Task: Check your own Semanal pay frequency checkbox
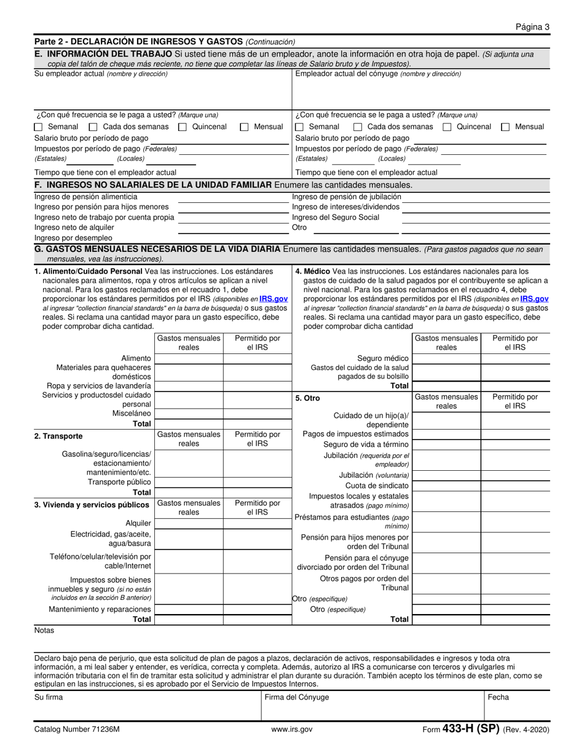pyautogui.click(x=38, y=127)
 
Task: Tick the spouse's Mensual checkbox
pyautogui.click(x=505, y=127)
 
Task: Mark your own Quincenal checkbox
pyautogui.click(x=183, y=127)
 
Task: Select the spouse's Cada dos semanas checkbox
pyautogui.click(x=357, y=127)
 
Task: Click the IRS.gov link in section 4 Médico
pyautogui.click(x=534, y=299)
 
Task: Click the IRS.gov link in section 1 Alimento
pyautogui.click(x=273, y=299)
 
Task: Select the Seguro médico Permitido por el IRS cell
pyautogui.click(x=514, y=358)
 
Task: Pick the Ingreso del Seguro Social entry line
pyautogui.click(x=475, y=218)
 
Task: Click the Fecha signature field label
pyautogui.click(x=499, y=698)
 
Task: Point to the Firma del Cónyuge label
pyautogui.click(x=296, y=698)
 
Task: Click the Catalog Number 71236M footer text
pyautogui.click(x=77, y=730)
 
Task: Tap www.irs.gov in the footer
pyautogui.click(x=292, y=730)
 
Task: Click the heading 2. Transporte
pyautogui.click(x=58, y=436)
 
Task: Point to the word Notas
pyautogui.click(x=44, y=631)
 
